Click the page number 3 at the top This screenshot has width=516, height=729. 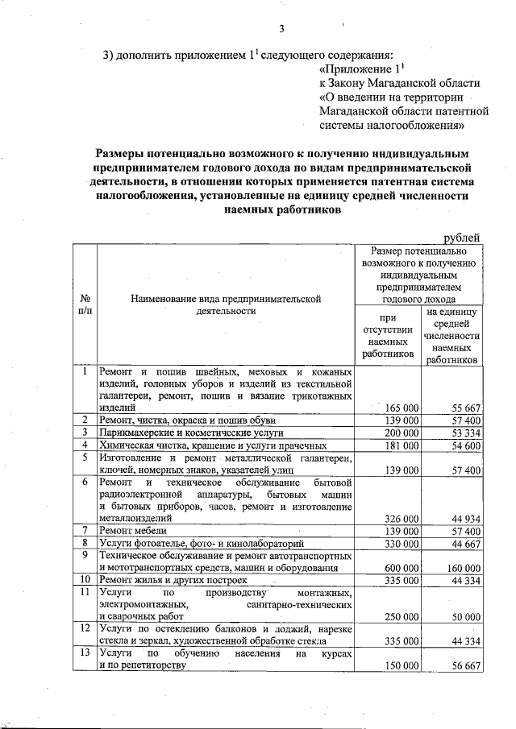pyautogui.click(x=282, y=31)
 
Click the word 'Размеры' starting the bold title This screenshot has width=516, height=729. pyautogui.click(x=123, y=152)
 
